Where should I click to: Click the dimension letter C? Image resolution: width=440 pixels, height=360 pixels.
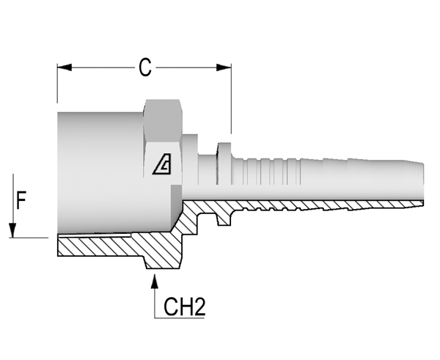[x=145, y=67]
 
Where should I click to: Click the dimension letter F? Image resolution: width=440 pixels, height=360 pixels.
[x=21, y=200]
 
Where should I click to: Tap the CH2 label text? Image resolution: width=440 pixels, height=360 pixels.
[x=184, y=307]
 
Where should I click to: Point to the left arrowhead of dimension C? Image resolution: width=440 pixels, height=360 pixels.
[x=65, y=67]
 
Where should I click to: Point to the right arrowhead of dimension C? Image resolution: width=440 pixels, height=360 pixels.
[x=224, y=67]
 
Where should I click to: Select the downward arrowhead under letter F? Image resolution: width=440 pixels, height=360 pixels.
[x=12, y=230]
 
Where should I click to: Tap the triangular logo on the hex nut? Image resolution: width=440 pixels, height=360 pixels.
[x=162, y=164]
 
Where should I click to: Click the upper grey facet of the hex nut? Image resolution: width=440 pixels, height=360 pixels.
[x=163, y=121]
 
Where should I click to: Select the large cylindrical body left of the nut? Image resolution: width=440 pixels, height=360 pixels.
[x=100, y=172]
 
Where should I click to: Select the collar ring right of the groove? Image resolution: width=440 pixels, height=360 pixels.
[x=224, y=164]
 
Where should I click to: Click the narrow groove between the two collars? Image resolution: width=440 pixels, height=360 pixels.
[x=208, y=169]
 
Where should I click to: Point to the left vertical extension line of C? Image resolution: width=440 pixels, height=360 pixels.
[x=57, y=84]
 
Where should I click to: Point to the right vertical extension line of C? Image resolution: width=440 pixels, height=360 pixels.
[x=231, y=99]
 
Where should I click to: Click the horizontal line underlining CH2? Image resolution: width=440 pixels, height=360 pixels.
[x=180, y=318]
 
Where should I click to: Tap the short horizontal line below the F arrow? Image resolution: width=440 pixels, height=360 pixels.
[x=29, y=238]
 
